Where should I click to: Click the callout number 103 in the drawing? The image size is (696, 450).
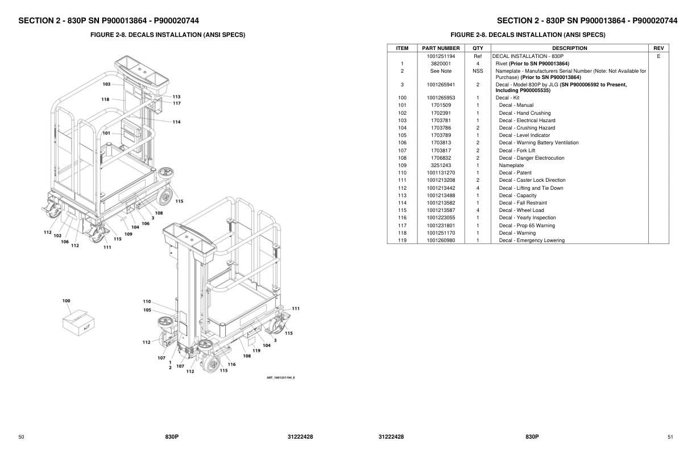coord(106,84)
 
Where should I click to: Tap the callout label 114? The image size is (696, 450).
coord(176,122)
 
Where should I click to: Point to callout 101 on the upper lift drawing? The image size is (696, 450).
coord(106,134)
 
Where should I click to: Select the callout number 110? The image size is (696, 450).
coord(147,301)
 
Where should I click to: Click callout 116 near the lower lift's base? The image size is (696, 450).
coord(231,364)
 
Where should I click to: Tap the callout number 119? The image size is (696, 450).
coord(256,351)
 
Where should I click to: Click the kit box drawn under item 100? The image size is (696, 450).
coord(74,322)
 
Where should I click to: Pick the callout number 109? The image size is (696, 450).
coord(129,234)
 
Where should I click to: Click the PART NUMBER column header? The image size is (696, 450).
coord(441,48)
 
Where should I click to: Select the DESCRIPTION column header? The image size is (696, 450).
coord(569,48)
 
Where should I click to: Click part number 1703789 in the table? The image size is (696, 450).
coord(441,135)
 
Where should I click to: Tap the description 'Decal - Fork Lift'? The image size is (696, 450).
coord(517,151)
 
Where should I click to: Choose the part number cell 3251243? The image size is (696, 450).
coord(441,165)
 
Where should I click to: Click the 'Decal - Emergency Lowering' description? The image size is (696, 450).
coord(532,240)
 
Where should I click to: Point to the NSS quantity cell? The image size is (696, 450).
coord(478,71)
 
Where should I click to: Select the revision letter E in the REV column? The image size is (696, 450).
coord(658,56)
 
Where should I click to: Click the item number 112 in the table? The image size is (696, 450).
coord(402,188)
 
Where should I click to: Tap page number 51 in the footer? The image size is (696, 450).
coord(670,436)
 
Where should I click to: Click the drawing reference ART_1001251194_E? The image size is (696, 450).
coord(281,378)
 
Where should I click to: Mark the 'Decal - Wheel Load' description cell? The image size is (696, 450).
coord(521,210)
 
